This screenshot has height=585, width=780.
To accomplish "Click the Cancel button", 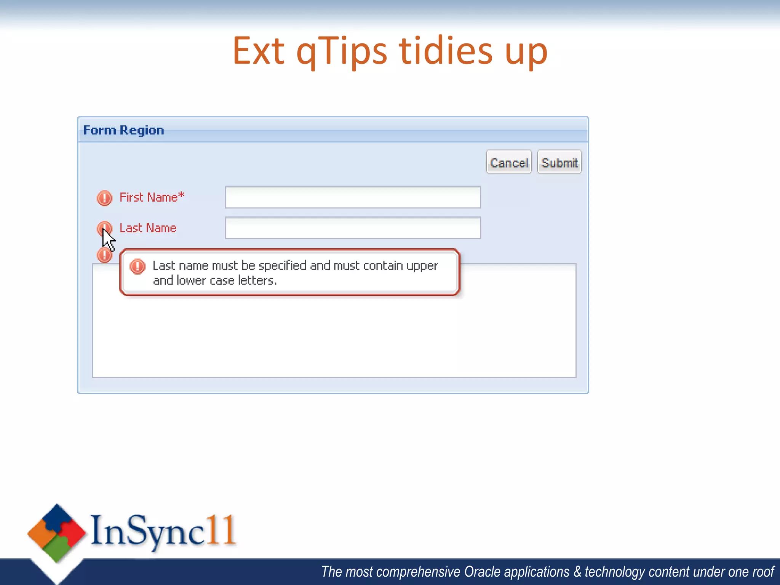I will pyautogui.click(x=508, y=163).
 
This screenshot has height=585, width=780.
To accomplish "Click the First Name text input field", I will pyautogui.click(x=353, y=197).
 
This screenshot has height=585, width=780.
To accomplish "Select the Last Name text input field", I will pyautogui.click(x=353, y=228).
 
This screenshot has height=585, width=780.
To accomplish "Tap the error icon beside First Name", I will pyautogui.click(x=104, y=198).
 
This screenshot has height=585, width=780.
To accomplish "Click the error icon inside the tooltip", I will pyautogui.click(x=137, y=266).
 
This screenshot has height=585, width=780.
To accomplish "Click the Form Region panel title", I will pyautogui.click(x=123, y=130).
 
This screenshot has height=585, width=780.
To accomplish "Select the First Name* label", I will pyautogui.click(x=152, y=197).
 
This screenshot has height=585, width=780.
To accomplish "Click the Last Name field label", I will pyautogui.click(x=148, y=228).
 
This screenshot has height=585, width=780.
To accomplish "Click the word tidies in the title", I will pyautogui.click(x=446, y=51).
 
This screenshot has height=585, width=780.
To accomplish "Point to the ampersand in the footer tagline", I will pyautogui.click(x=577, y=572).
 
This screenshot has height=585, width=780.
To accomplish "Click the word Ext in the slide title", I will pyautogui.click(x=259, y=51).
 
